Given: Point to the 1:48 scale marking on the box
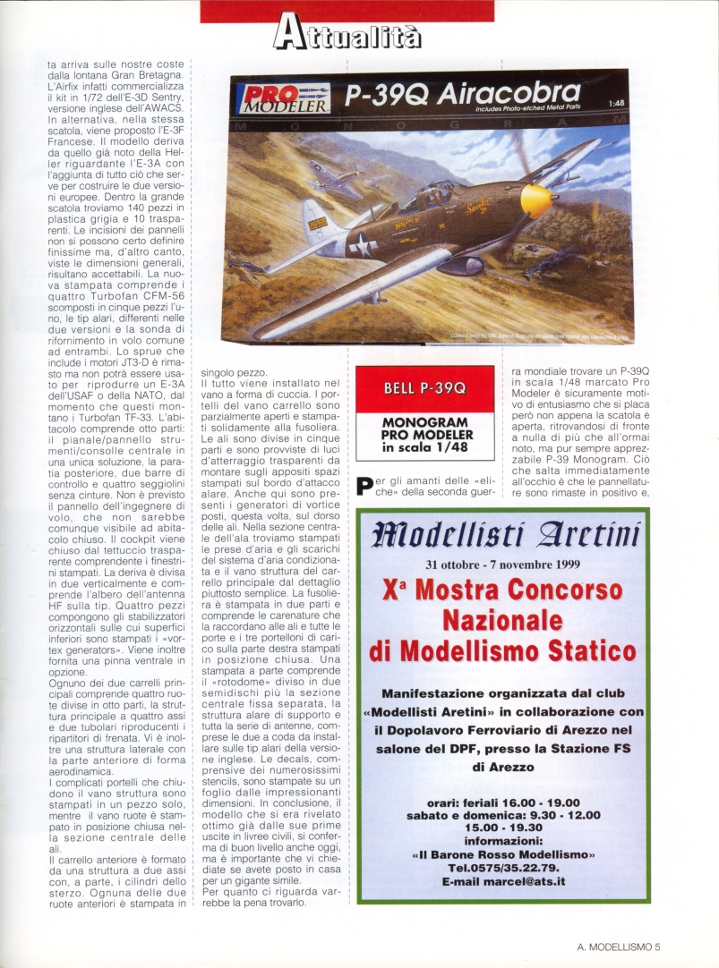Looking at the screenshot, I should pos(615,104).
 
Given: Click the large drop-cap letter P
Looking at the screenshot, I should pos(364,488).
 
